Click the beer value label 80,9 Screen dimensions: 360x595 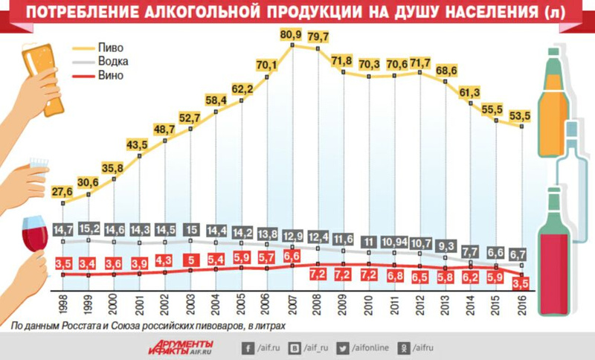tap(292, 34)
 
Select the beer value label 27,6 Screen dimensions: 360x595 tap(63, 191)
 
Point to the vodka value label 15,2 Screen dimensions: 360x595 tap(89, 228)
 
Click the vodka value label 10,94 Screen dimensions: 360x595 tap(394, 242)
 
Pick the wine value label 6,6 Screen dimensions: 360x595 tap(292, 257)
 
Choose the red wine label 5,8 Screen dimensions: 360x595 tap(445, 277)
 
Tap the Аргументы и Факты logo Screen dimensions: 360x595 tap(180, 347)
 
